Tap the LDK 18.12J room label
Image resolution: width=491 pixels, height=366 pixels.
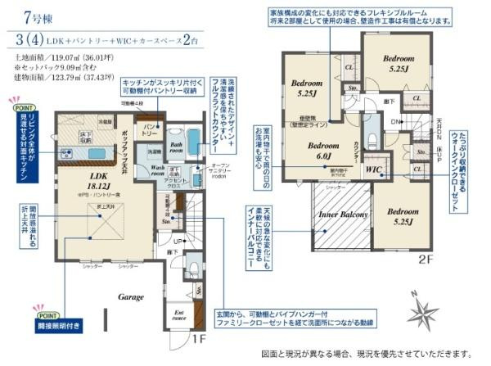87,183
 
